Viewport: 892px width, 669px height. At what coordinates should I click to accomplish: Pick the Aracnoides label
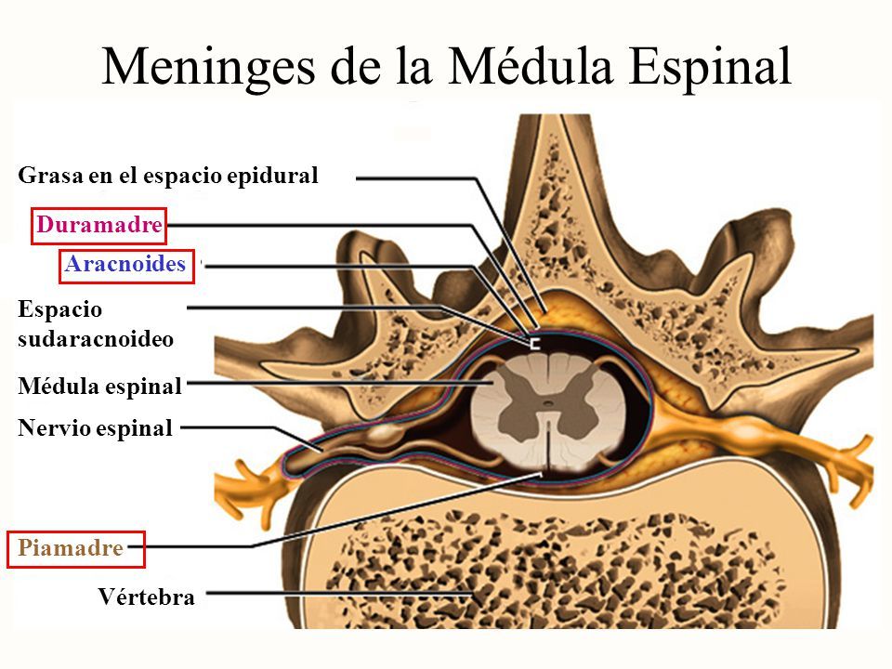pyautogui.click(x=126, y=265)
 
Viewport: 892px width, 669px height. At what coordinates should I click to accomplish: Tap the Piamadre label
pyautogui.click(x=71, y=548)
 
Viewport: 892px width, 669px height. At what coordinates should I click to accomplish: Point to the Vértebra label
pyautogui.click(x=147, y=597)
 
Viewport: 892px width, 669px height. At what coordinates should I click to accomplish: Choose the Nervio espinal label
pyautogui.click(x=96, y=428)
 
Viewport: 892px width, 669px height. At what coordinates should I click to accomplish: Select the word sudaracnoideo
pyautogui.click(x=96, y=339)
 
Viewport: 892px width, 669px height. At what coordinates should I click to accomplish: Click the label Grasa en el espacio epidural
pyautogui.click(x=168, y=175)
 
